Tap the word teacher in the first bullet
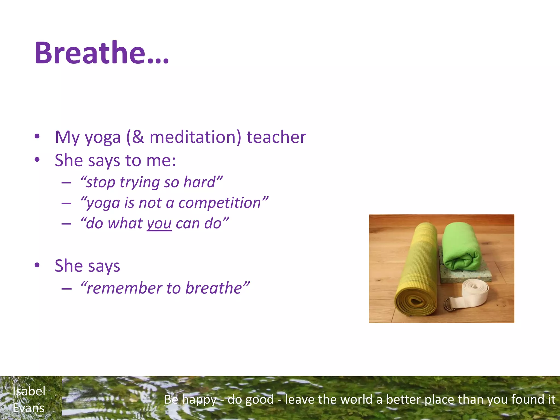click(x=276, y=137)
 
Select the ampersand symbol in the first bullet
click(x=138, y=137)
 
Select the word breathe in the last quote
click(x=214, y=288)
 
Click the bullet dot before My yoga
click(x=37, y=136)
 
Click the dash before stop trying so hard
click(x=66, y=183)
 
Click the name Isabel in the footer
click(x=29, y=391)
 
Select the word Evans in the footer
click(x=29, y=408)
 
